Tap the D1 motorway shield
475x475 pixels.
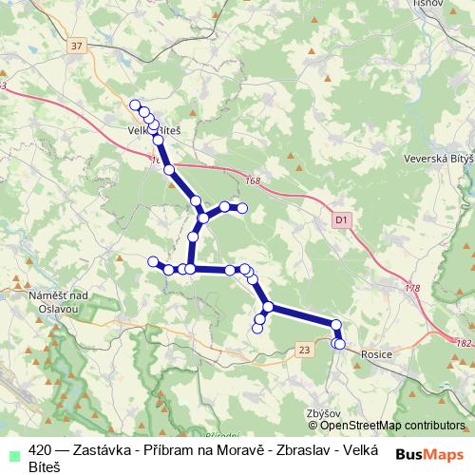point(342,219)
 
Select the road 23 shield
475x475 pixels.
point(304,351)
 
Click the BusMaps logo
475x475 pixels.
point(429,454)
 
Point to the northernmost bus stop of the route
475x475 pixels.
point(135,105)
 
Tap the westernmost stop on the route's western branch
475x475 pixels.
point(153,261)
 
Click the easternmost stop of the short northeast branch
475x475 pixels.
point(242,208)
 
